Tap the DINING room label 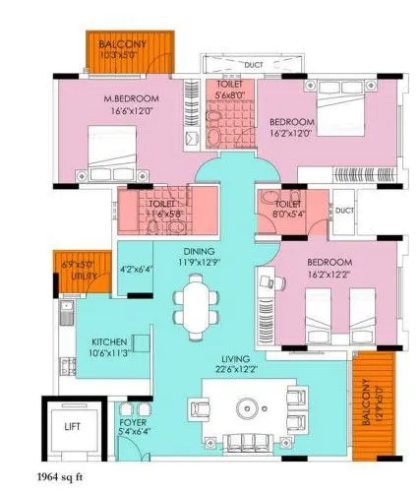pyautogui.click(x=196, y=251)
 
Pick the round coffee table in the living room pyautogui.click(x=246, y=406)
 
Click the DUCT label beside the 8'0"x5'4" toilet pyautogui.click(x=343, y=210)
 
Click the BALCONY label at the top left pyautogui.click(x=122, y=45)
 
